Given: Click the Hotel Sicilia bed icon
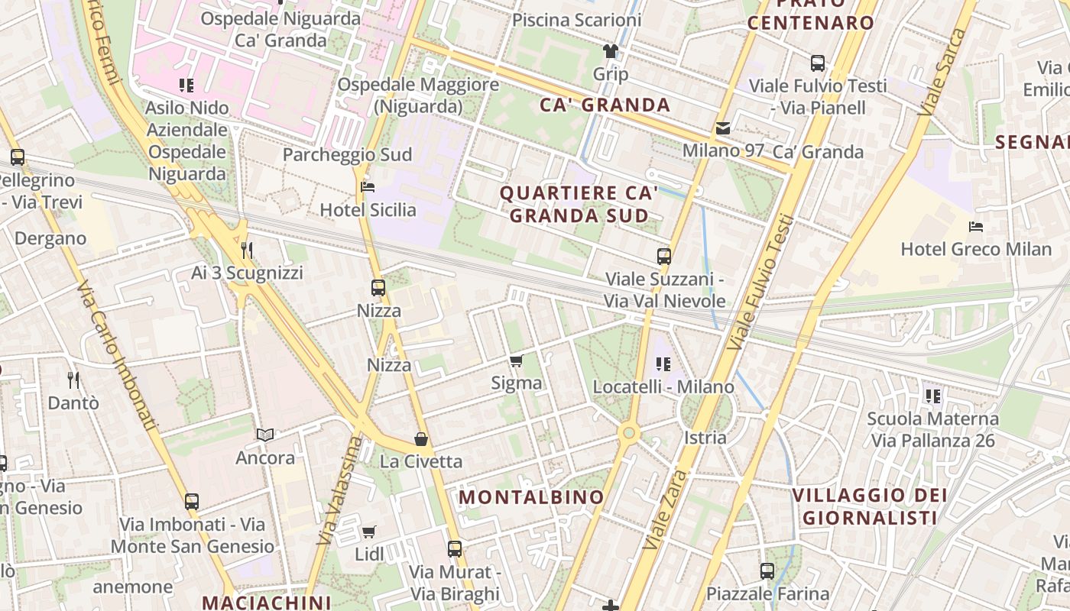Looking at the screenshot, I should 368,187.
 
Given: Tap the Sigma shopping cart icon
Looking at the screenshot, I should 517,360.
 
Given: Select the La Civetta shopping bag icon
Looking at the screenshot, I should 420,438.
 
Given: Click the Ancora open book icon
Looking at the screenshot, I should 265,435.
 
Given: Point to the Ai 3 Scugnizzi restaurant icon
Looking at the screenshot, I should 246,250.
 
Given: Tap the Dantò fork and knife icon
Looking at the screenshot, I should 73,380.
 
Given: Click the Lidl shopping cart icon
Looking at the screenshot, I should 369,532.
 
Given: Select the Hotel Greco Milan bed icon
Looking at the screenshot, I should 976,226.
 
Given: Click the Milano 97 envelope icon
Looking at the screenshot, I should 722,128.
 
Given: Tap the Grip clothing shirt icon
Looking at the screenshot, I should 610,51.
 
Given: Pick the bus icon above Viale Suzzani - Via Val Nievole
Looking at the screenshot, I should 664,257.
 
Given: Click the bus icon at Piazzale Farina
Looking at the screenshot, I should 767,571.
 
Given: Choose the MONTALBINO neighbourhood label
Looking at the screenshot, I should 531,497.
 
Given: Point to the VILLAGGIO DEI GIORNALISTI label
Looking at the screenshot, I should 870,506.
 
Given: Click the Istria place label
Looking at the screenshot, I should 705,438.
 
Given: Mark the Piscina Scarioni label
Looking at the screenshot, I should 576,20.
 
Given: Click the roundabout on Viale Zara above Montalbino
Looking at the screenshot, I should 629,433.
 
